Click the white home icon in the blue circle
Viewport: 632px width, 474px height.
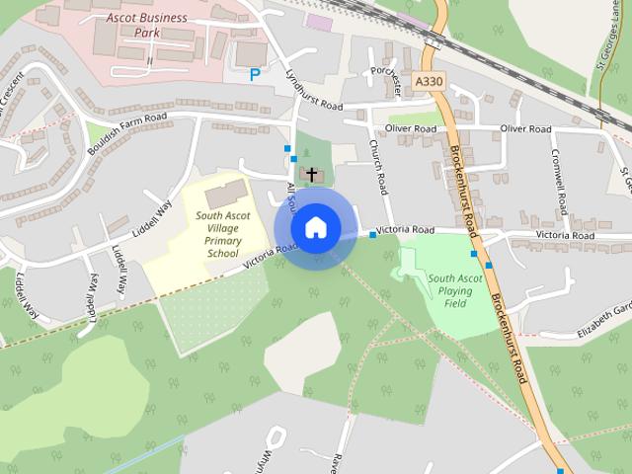click(315, 228)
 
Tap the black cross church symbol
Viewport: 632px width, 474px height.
click(312, 175)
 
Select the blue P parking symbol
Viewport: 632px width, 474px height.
click(255, 74)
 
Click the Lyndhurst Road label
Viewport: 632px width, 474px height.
click(312, 90)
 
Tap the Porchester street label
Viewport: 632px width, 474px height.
click(392, 81)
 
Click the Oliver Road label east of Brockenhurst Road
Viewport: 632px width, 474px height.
click(524, 129)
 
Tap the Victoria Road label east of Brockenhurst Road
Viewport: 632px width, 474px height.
click(564, 236)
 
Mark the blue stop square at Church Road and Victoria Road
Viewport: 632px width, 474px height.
click(372, 235)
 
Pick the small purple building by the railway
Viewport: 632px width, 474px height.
click(319, 21)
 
